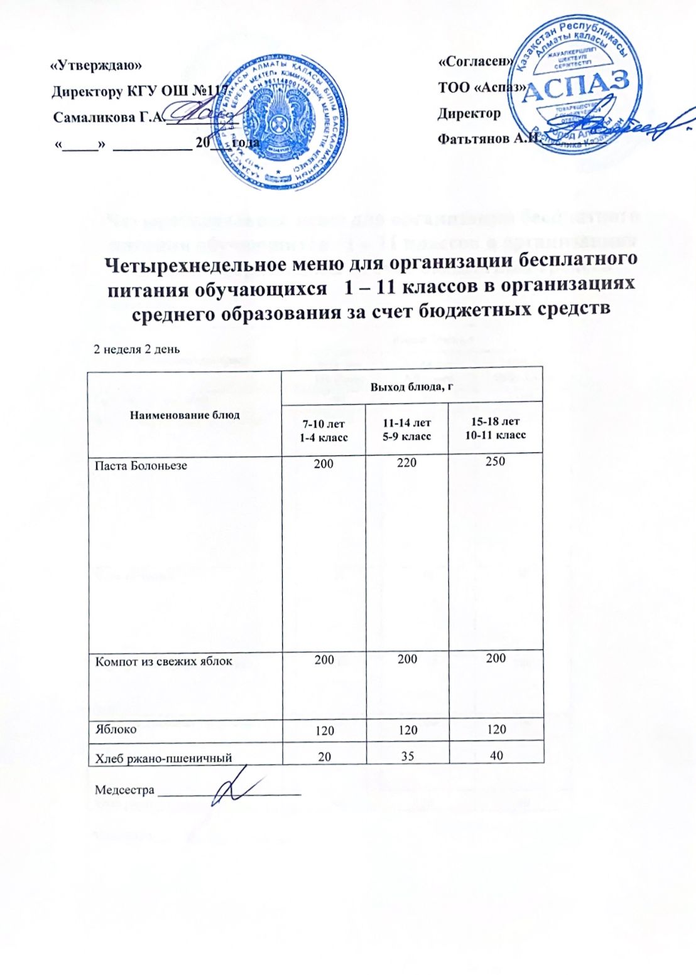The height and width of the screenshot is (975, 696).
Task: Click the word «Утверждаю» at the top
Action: [x=96, y=65]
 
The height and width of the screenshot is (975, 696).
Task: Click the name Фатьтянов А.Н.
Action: [x=489, y=139]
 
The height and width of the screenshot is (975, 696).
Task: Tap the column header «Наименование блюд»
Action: [x=185, y=415]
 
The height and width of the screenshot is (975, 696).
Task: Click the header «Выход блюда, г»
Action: [x=411, y=386]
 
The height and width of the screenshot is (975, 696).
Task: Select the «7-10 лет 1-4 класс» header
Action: [x=324, y=430]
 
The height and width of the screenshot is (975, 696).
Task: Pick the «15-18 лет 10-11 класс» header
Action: [x=496, y=428]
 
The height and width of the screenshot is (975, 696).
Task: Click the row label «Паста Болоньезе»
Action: [x=141, y=466]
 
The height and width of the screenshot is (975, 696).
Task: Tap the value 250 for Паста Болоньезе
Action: [x=496, y=461]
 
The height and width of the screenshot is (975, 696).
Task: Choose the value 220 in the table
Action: [x=407, y=464]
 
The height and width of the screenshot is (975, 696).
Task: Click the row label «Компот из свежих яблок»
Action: [x=163, y=661]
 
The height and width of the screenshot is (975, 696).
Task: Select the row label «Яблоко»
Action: [x=116, y=730]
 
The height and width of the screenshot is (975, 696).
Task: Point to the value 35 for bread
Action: [x=408, y=756]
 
